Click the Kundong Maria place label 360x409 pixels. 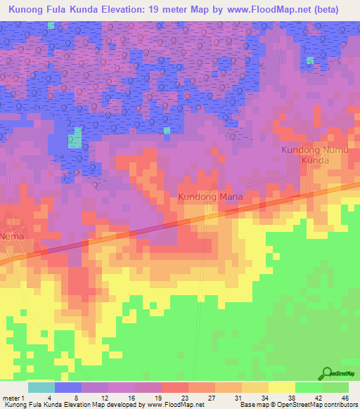point(210,197)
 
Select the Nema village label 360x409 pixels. point(13,237)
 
